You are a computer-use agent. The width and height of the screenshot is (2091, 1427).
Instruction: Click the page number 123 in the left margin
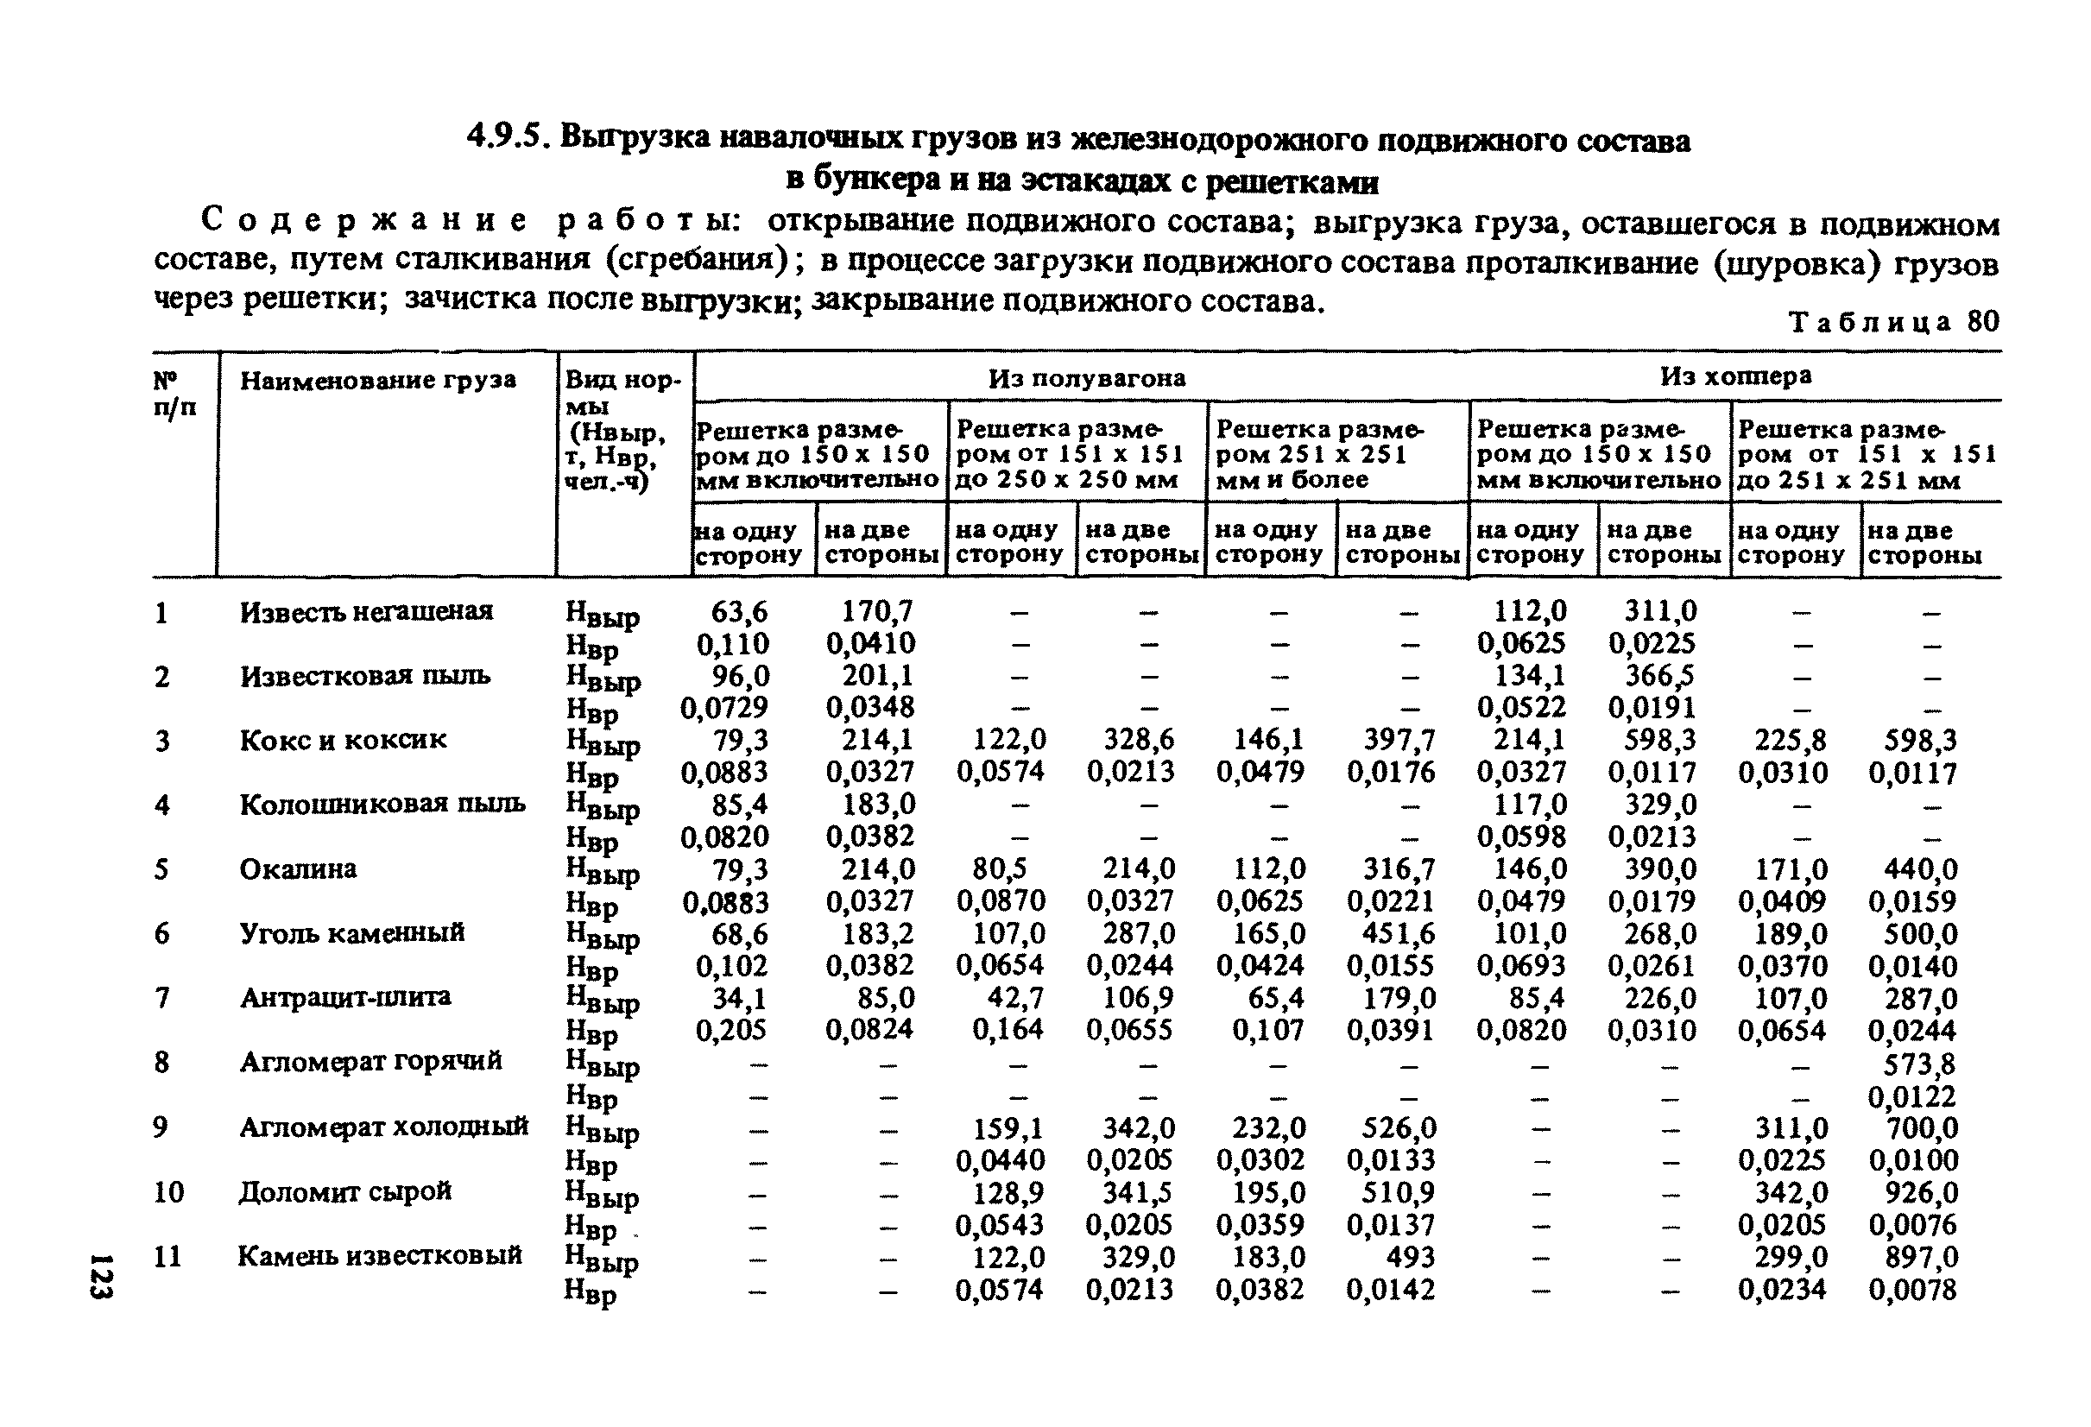pyautogui.click(x=101, y=1274)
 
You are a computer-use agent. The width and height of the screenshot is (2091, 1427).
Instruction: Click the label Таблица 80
pyautogui.click(x=1894, y=322)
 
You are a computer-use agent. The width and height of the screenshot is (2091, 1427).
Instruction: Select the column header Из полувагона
pyautogui.click(x=1086, y=378)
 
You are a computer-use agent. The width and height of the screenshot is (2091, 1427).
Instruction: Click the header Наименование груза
pyautogui.click(x=378, y=381)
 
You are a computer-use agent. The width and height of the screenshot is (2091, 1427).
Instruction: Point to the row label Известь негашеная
pyautogui.click(x=366, y=612)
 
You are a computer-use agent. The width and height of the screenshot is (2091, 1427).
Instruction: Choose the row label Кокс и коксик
pyautogui.click(x=343, y=740)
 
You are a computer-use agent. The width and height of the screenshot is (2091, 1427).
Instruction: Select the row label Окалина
pyautogui.click(x=298, y=868)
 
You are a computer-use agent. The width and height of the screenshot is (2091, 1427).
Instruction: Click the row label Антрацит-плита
pyautogui.click(x=344, y=997)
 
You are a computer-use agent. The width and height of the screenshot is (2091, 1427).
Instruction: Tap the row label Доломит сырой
pyautogui.click(x=344, y=1191)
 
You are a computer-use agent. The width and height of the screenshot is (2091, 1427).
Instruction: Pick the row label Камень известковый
pyautogui.click(x=380, y=1255)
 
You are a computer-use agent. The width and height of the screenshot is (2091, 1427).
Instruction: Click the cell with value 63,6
pyautogui.click(x=740, y=612)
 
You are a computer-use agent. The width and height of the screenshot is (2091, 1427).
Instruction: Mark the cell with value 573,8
pyautogui.click(x=1920, y=1064)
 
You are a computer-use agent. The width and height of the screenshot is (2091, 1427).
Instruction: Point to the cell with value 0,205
pyautogui.click(x=730, y=1029)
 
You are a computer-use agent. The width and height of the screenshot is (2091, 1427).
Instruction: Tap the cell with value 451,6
pyautogui.click(x=1399, y=933)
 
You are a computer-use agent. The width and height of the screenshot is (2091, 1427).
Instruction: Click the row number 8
pyautogui.click(x=161, y=1063)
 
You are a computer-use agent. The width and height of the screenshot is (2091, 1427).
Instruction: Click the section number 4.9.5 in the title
pyautogui.click(x=507, y=136)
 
